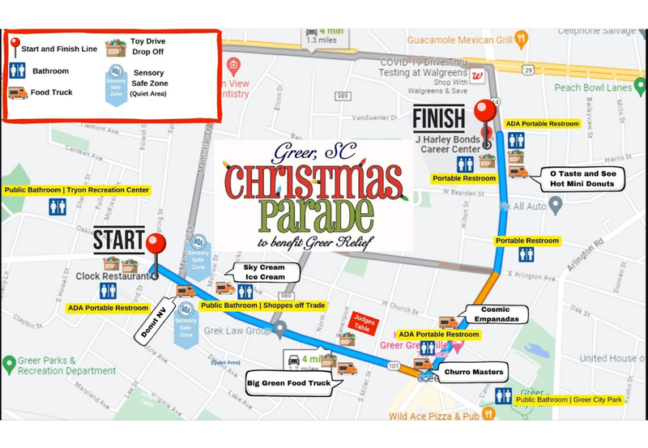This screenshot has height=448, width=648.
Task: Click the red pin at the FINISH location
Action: pos(486,113)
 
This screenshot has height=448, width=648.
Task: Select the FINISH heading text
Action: pos(439,118)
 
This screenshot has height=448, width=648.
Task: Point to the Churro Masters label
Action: pos(473,373)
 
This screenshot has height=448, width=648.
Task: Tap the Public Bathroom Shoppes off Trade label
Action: pos(262,305)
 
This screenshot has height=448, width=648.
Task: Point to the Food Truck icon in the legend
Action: pos(18,92)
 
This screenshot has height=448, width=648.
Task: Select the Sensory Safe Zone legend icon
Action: pos(117,82)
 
